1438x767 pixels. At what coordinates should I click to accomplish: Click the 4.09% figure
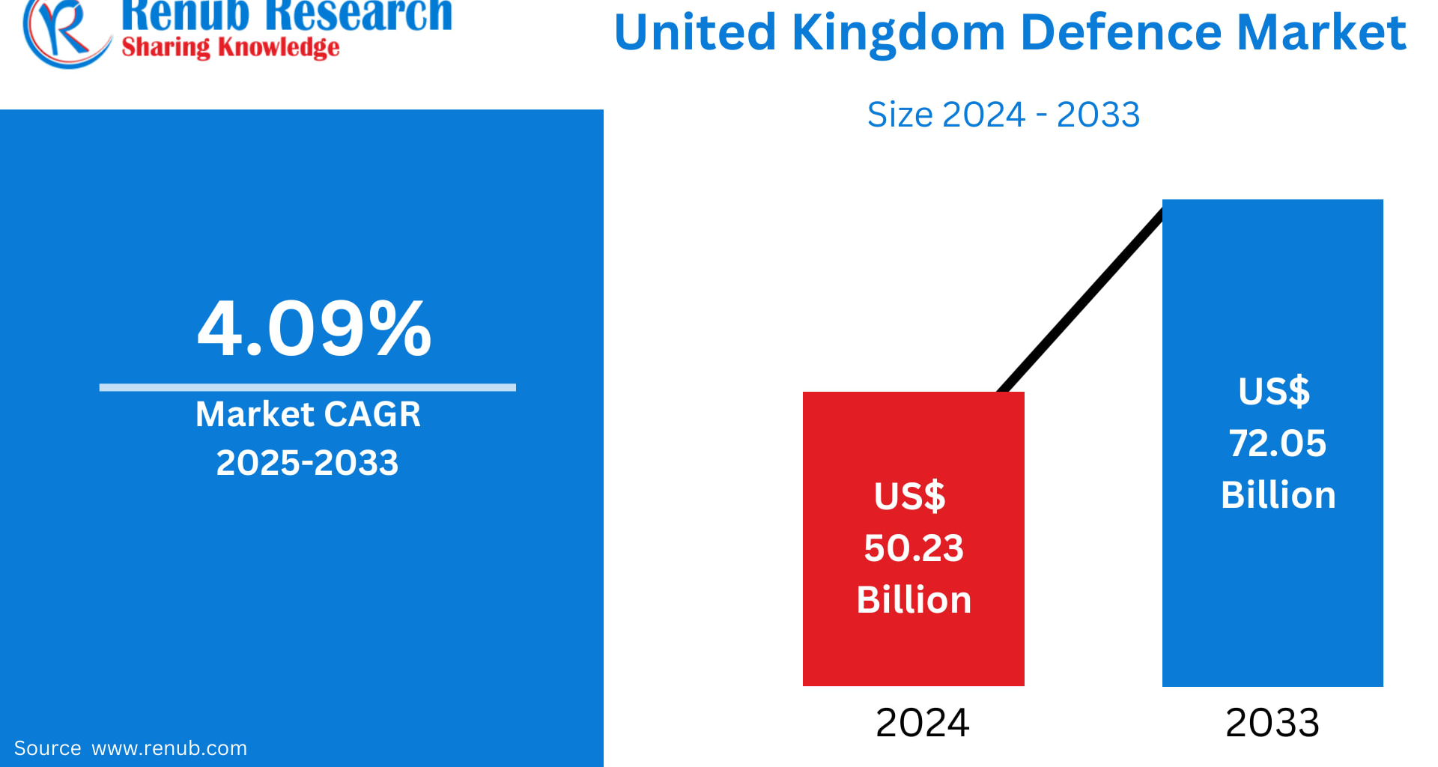(x=314, y=328)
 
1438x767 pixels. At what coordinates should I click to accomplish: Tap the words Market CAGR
(x=308, y=414)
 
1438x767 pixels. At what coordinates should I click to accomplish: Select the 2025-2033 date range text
(x=307, y=462)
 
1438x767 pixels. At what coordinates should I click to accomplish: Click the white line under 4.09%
(x=307, y=387)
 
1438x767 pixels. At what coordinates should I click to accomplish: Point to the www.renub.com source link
(x=169, y=748)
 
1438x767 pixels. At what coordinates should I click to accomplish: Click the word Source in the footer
(x=47, y=748)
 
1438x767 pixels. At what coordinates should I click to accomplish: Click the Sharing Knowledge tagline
(x=230, y=47)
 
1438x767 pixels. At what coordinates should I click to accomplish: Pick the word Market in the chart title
(x=1321, y=33)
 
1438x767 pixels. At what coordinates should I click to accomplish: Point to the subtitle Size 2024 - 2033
(x=1003, y=115)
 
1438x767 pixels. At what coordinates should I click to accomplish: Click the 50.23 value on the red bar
(x=913, y=548)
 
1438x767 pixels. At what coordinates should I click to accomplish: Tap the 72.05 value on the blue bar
(x=1277, y=443)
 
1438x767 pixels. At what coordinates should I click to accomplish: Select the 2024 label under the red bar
(x=922, y=723)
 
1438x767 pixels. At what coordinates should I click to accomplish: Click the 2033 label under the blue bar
(x=1272, y=723)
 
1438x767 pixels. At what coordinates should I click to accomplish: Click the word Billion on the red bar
(x=914, y=600)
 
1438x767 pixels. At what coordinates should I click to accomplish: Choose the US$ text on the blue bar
(x=1274, y=391)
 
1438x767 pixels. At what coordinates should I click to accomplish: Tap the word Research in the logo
(x=359, y=13)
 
